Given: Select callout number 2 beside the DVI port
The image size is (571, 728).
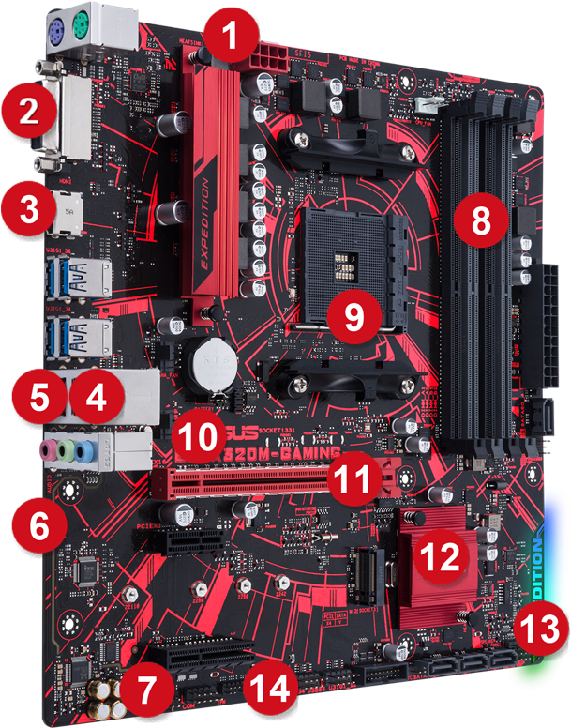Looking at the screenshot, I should click(28, 112).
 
